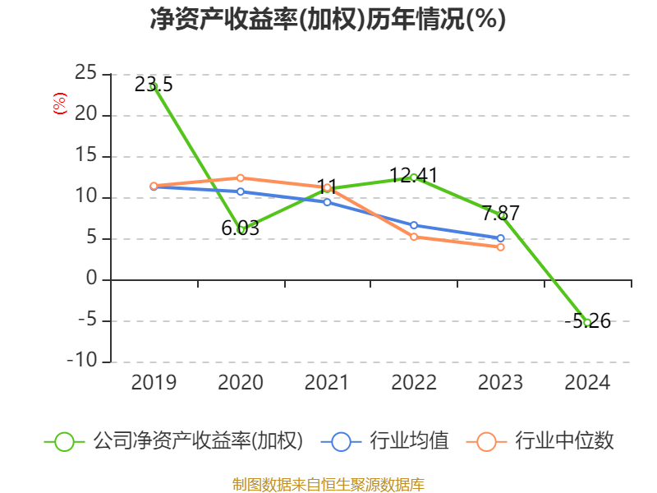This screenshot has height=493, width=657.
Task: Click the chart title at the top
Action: click(x=328, y=20)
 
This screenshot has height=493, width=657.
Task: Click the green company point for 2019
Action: click(x=154, y=86)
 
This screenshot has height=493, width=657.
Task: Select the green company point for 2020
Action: click(x=241, y=229)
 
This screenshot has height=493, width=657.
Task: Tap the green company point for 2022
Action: click(x=413, y=177)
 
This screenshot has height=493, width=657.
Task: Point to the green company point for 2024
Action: click(x=587, y=322)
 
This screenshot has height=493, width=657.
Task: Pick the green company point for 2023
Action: click(x=501, y=215)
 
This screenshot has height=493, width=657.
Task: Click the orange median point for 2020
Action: click(x=241, y=177)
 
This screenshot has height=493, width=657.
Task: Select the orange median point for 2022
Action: click(x=413, y=237)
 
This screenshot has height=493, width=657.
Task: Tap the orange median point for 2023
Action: click(x=500, y=246)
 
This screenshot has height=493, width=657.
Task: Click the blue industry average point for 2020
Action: click(x=241, y=191)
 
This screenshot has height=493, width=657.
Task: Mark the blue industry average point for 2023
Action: click(x=500, y=238)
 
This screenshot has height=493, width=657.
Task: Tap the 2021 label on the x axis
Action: click(x=327, y=383)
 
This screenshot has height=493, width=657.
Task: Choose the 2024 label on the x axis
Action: click(x=587, y=383)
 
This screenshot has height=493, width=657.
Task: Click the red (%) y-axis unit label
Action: click(x=59, y=104)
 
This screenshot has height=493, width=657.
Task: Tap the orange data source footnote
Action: click(x=328, y=484)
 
